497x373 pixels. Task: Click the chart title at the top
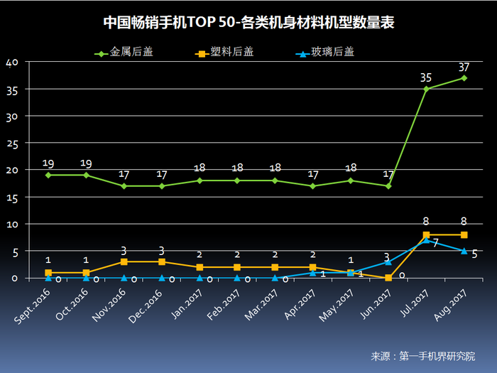pos(248,23)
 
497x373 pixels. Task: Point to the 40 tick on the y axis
pos(11,62)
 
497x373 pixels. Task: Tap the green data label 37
pos(464,67)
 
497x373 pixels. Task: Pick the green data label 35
pos(426,78)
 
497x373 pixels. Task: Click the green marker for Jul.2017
pos(426,89)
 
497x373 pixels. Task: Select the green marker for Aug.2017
pos(464,78)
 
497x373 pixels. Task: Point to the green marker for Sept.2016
pos(48,175)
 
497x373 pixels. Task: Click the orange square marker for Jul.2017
pos(426,234)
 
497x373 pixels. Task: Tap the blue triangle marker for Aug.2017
pos(464,250)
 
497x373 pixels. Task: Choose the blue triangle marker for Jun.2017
pos(388,261)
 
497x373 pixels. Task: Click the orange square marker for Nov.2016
pos(124,261)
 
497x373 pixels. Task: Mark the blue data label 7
pos(435,244)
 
